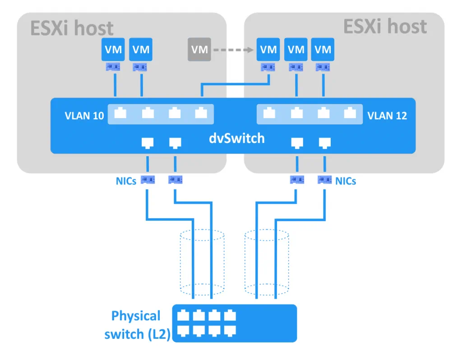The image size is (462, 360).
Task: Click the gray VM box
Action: [x=199, y=50]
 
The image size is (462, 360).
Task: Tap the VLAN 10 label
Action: [x=84, y=116]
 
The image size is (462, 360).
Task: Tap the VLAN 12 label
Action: [x=387, y=116]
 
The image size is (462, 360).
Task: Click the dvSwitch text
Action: [x=237, y=138]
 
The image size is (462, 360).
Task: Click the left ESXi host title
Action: [x=72, y=28]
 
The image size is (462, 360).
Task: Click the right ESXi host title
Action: [x=385, y=27]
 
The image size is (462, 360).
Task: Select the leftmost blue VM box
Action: [x=113, y=50]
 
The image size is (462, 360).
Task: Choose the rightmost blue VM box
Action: [x=323, y=50]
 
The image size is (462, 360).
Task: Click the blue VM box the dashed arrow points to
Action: [x=268, y=50]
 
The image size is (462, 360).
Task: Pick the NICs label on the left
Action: [x=126, y=181]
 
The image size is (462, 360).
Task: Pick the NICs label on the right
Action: [x=346, y=181]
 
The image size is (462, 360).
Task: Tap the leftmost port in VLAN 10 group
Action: [x=120, y=113]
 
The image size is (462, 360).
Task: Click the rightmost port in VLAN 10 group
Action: [x=201, y=113]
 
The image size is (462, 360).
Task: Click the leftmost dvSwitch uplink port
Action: [x=148, y=143]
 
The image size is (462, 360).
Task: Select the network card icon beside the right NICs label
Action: [x=324, y=180]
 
